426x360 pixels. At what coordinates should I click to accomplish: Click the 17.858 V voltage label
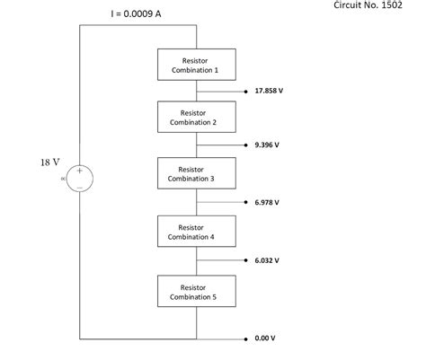(x=270, y=92)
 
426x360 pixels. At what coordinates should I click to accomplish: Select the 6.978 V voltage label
(x=267, y=203)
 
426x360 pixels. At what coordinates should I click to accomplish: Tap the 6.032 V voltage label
(x=267, y=260)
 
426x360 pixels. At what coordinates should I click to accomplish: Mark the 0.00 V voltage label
(x=264, y=339)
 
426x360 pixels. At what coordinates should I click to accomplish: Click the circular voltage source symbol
(x=79, y=178)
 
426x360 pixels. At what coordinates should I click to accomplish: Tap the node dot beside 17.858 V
(x=246, y=92)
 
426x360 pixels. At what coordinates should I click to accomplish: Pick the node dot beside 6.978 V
(x=246, y=203)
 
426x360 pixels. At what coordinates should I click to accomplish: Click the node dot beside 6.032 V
(x=246, y=260)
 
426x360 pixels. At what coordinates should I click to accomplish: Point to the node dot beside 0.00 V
(x=246, y=339)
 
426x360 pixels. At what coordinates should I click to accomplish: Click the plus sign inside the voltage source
(x=79, y=170)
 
